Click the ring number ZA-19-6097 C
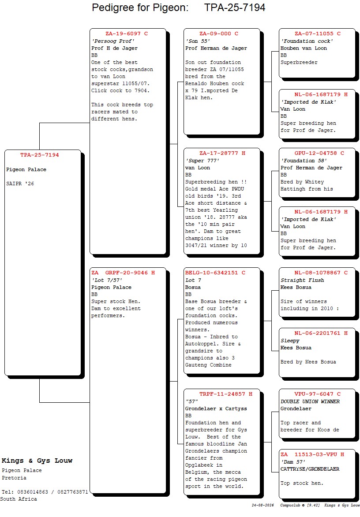click(127, 34)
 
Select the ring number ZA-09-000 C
click(218, 34)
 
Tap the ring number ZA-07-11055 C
click(318, 34)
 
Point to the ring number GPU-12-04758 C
click(319, 154)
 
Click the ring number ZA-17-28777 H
click(222, 154)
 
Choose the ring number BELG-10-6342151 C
click(215, 273)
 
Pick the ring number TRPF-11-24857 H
click(226, 394)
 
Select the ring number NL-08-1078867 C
click(321, 273)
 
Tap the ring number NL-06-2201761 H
click(321, 333)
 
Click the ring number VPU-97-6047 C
click(318, 394)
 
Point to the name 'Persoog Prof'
click(113, 41)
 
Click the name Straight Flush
click(302, 280)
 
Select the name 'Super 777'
click(202, 161)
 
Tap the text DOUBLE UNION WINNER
click(310, 401)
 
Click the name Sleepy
click(290, 341)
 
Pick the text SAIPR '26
click(20, 184)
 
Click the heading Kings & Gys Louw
click(37, 461)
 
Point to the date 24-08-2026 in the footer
click(263, 506)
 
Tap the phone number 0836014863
click(33, 492)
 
